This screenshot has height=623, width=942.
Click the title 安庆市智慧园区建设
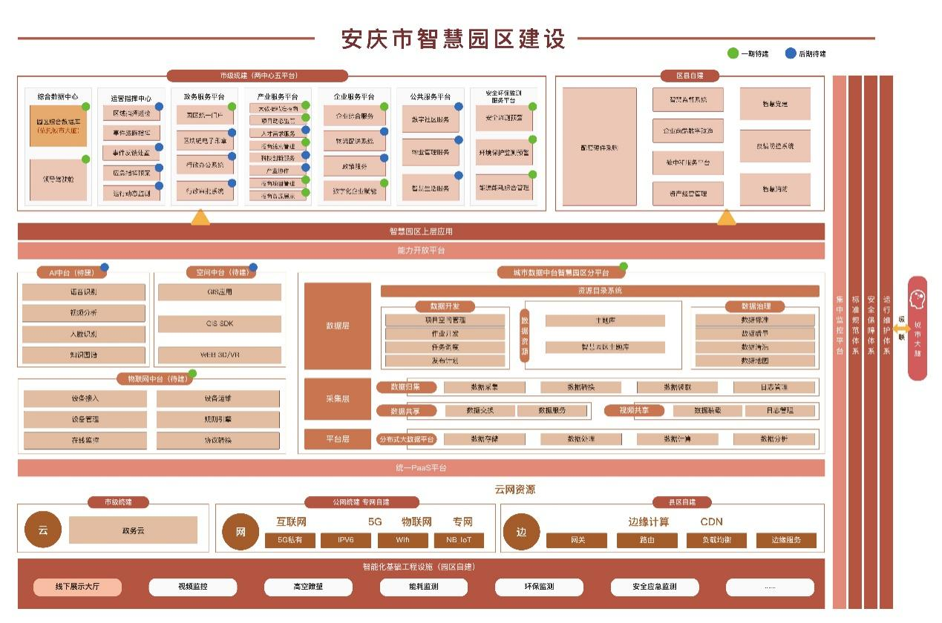pyautogui.click(x=453, y=39)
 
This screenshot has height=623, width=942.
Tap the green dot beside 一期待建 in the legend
pyautogui.click(x=733, y=53)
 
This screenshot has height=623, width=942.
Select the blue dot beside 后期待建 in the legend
pyautogui.click(x=791, y=53)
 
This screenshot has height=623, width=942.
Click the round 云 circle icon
pyautogui.click(x=43, y=530)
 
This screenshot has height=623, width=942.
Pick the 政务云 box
pyautogui.click(x=133, y=530)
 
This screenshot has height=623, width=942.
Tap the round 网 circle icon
pyautogui.click(x=241, y=532)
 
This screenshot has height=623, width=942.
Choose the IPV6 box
pyautogui.click(x=345, y=540)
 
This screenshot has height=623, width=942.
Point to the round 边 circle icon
pyautogui.click(x=522, y=532)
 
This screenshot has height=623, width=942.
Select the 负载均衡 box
pyautogui.click(x=716, y=540)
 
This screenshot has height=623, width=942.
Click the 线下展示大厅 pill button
pyautogui.click(x=77, y=587)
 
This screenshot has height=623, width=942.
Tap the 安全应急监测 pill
pyautogui.click(x=655, y=587)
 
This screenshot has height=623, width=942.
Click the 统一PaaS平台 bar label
pyautogui.click(x=421, y=468)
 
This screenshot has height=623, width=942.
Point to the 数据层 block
pyautogui.click(x=338, y=326)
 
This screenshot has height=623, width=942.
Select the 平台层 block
pyautogui.click(x=338, y=439)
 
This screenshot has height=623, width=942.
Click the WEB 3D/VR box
pyautogui.click(x=220, y=355)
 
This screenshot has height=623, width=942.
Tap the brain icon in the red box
pyautogui.click(x=918, y=298)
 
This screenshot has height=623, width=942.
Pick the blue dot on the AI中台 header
pyautogui.click(x=105, y=268)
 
